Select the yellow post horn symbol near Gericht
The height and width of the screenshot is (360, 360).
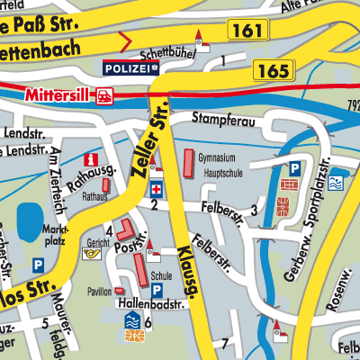tap(91, 255)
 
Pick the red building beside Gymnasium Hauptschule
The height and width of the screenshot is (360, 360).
tap(188, 164)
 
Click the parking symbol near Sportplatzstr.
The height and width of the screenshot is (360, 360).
tap(293, 168)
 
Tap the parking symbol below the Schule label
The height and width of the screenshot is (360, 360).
tap(157, 292)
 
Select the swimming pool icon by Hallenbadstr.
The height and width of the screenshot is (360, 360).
tap(130, 320)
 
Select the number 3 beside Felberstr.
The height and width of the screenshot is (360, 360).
tap(255, 211)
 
